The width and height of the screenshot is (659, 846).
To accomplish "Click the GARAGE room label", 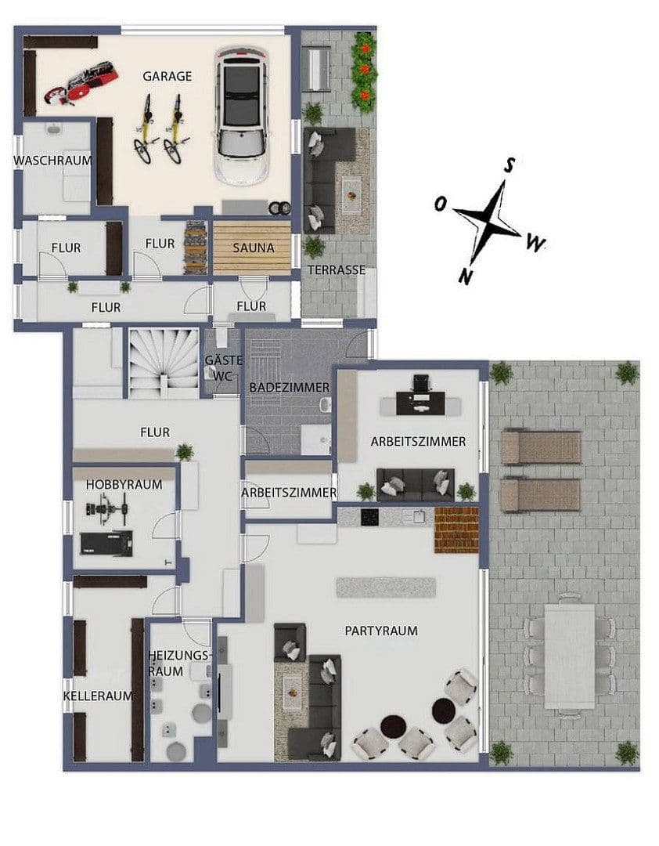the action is (x=167, y=76).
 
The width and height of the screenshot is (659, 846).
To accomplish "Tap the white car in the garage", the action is (x=241, y=115).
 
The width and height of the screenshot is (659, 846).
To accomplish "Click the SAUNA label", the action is (x=254, y=248).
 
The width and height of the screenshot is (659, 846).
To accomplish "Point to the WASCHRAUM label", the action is (x=52, y=161).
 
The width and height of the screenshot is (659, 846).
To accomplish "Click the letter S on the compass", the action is (x=509, y=165).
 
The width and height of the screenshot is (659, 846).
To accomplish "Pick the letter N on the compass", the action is (x=465, y=277).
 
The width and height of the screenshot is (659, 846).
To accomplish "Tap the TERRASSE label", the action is (x=337, y=269).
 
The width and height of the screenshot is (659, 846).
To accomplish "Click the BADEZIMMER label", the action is (x=289, y=388).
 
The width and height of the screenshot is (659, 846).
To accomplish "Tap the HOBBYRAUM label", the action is (x=124, y=485).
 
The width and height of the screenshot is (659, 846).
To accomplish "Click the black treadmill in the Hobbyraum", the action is (x=106, y=543).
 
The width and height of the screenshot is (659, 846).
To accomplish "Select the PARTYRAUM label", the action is (x=381, y=630).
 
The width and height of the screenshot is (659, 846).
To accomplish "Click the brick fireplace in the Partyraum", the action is (x=457, y=530).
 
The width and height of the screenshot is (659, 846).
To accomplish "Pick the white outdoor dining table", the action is (x=570, y=656).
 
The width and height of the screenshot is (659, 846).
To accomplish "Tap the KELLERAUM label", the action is (x=98, y=696).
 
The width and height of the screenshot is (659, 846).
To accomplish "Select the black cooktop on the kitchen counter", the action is (x=370, y=518).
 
